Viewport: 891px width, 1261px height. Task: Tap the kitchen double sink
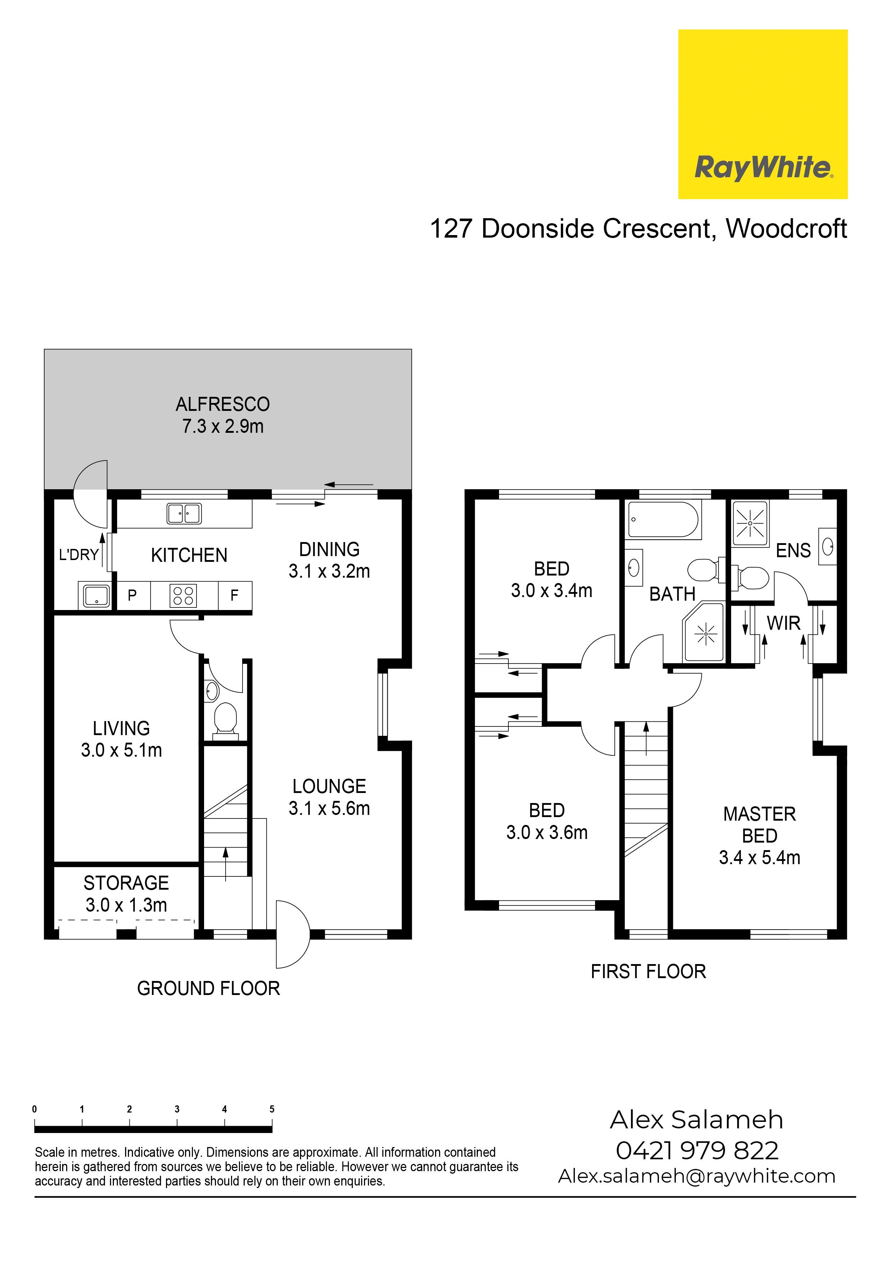tap(184, 514)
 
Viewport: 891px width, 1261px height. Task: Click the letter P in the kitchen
tap(132, 595)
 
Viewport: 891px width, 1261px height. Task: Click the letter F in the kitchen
tap(234, 595)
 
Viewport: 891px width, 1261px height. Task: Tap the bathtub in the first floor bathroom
tap(663, 519)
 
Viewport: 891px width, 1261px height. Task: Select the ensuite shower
tap(750, 523)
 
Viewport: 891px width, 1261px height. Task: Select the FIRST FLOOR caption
tap(648, 972)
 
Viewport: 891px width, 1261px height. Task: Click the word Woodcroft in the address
tap(787, 229)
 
